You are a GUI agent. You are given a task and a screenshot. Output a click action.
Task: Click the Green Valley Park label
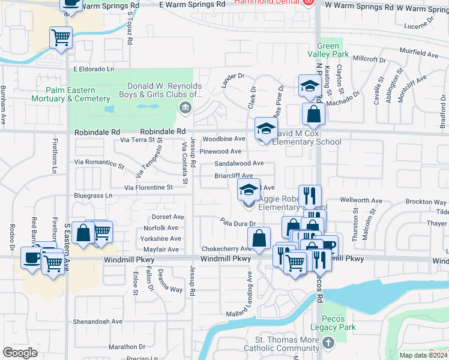(x=333, y=50)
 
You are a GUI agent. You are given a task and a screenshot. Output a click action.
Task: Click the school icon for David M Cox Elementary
(x=266, y=128)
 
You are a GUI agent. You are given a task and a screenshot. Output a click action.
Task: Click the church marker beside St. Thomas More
(x=327, y=343)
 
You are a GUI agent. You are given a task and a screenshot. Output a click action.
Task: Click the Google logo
(x=20, y=353)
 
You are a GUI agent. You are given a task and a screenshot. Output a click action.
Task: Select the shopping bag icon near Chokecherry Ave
(x=258, y=239)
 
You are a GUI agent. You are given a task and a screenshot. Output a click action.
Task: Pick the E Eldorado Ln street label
(x=94, y=70)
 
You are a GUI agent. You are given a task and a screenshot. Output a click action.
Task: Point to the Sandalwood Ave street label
(x=239, y=163)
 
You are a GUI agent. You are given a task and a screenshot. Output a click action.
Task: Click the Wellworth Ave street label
(x=361, y=200)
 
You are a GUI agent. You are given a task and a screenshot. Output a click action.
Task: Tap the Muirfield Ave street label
(x=420, y=54)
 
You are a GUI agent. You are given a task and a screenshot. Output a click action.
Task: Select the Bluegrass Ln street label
(x=93, y=196)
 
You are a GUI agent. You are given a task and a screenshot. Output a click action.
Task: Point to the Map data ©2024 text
(x=423, y=355)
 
